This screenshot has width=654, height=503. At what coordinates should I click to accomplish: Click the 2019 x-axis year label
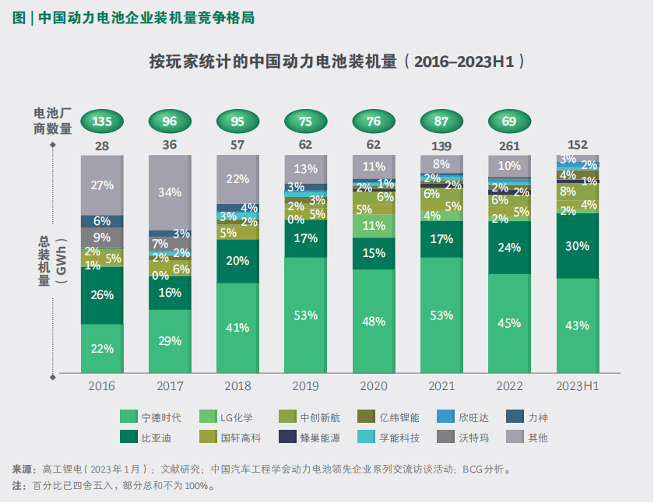[305, 386]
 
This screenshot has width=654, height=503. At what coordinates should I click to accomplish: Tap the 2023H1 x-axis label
[577, 386]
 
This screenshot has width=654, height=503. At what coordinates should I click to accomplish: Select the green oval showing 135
[102, 121]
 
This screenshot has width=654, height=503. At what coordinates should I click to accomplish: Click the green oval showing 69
[509, 121]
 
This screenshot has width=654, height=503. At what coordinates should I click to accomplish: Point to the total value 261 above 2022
[509, 145]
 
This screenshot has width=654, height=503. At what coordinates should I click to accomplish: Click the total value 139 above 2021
[441, 145]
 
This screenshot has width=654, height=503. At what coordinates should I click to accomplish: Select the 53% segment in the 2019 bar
[305, 315]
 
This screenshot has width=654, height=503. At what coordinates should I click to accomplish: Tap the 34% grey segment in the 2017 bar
[170, 192]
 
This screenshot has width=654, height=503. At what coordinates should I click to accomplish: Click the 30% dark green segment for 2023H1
[577, 245]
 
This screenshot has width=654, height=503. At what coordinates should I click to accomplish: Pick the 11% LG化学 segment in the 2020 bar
[374, 226]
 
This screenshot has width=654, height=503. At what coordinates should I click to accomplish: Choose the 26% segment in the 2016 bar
[102, 294]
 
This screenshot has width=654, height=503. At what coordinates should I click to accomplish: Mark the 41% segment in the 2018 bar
[237, 328]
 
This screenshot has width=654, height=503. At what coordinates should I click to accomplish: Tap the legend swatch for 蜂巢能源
[289, 438]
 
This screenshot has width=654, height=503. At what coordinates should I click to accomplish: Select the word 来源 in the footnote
[22, 470]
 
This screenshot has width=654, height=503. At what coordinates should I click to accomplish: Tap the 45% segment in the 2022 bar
[509, 323]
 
